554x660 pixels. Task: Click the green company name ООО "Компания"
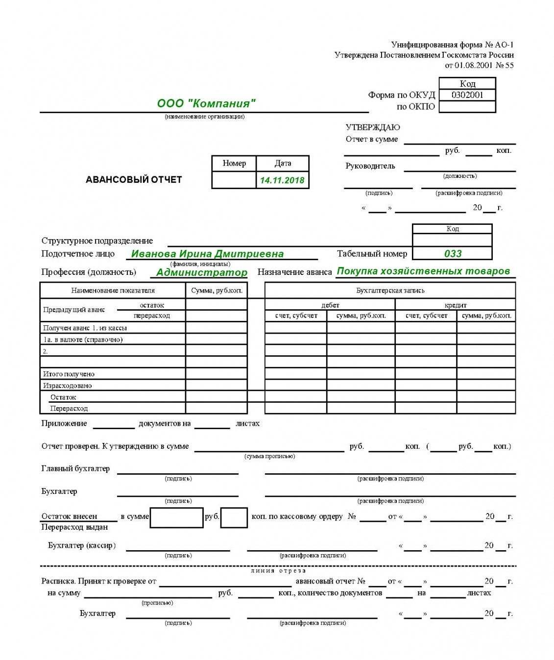pos(206,103)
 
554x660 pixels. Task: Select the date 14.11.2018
pos(282,180)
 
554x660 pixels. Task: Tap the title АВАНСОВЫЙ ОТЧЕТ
pos(134,180)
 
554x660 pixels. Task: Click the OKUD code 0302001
pos(467,95)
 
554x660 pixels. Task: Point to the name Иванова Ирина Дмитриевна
pos(208,254)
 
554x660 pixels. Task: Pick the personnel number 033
pos(453,254)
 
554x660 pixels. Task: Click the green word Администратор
pos(202,272)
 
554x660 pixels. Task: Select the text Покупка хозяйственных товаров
pos(424,271)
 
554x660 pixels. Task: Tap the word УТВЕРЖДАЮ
pos(373,127)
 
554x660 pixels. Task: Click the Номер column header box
pos(234,163)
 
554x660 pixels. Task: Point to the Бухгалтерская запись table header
pos(390,291)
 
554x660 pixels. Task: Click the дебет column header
pos(330,305)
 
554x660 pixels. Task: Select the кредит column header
pos(456,305)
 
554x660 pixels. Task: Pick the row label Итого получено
pos(69,374)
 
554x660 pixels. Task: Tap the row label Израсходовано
pos(67,386)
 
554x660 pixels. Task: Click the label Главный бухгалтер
pos(75,468)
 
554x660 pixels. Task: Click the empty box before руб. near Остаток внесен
pos(176,517)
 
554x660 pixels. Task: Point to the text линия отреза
pos(278,570)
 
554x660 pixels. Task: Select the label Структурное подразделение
pos(97,241)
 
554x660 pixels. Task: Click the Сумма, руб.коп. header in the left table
pos(217,291)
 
